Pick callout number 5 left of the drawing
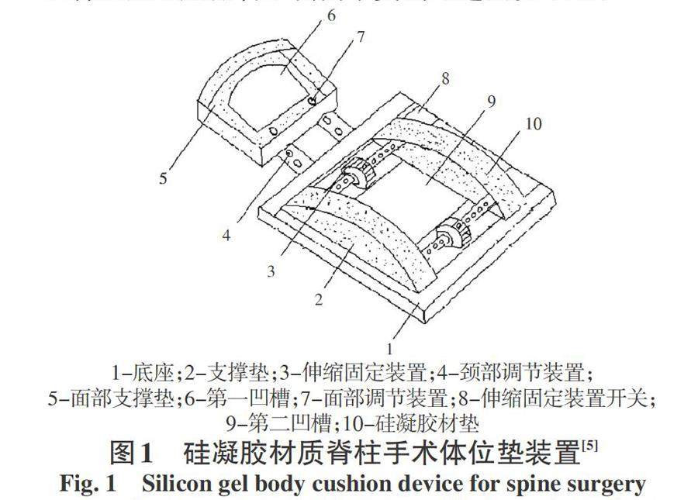(163, 178)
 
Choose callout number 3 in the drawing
(271, 271)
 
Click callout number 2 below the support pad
(319, 300)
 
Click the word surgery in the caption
(601, 484)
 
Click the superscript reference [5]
(592, 445)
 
